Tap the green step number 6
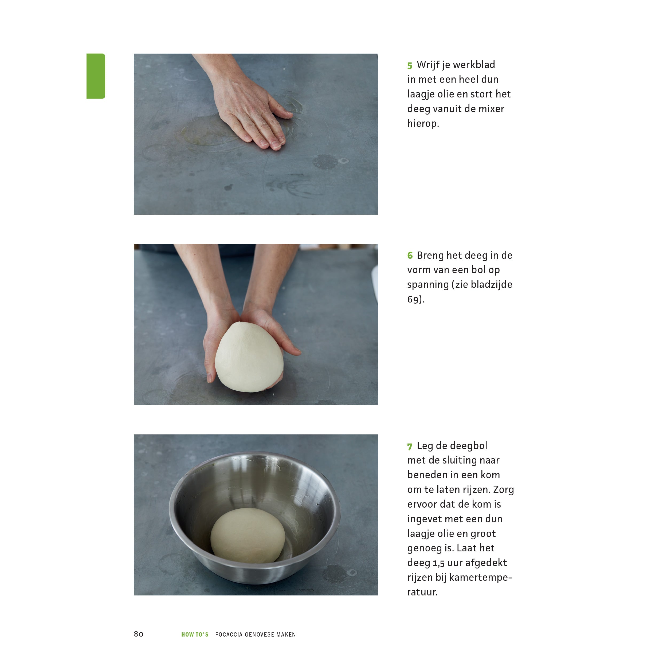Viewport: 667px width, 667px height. (410, 256)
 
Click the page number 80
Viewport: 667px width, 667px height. (138, 634)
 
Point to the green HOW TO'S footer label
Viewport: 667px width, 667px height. (195, 634)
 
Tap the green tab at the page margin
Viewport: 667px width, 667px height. (96, 76)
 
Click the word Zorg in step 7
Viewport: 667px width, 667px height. (504, 489)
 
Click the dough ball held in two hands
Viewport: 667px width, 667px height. (249, 357)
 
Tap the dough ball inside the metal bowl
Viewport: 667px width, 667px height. (248, 535)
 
